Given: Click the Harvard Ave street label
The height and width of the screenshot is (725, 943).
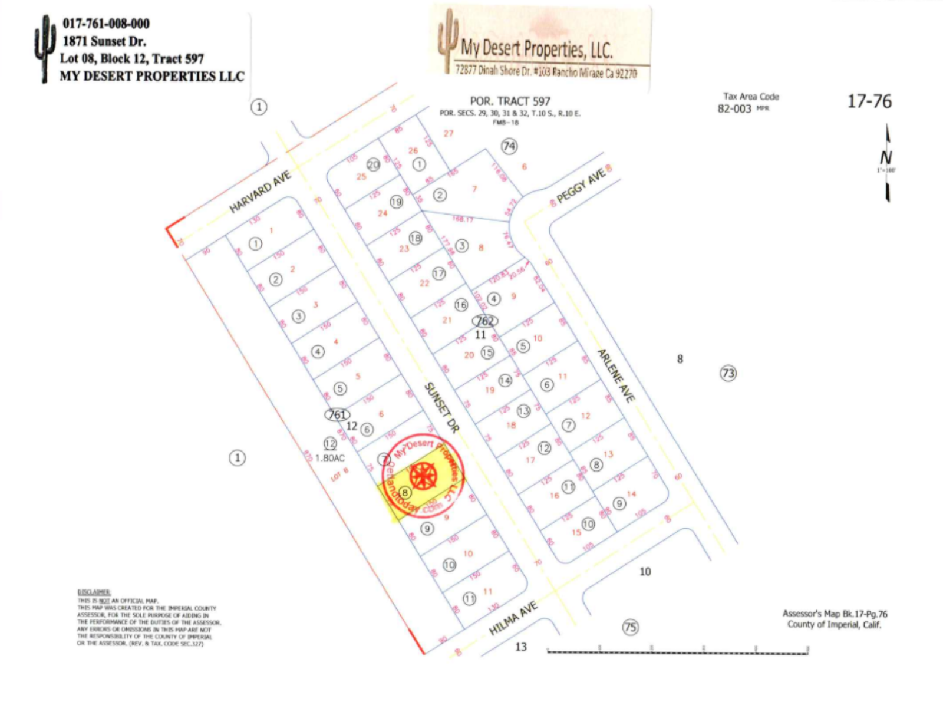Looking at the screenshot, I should coord(260,192).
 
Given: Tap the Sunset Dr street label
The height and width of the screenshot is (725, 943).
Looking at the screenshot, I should coord(441,408).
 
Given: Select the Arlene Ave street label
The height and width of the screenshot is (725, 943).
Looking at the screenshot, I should coord(616,375).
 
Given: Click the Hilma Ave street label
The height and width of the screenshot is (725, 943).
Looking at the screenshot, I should coord(513,618).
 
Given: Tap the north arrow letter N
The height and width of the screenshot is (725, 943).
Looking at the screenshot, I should coord(886,158).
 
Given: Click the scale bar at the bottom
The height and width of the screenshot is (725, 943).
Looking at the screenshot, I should coord(678,651).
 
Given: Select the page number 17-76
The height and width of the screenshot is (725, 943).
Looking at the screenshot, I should coord(869,101).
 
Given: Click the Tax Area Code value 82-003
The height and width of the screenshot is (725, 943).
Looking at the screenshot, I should coord(734,109).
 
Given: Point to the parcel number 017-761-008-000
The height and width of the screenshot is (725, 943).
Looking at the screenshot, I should coord(107,24).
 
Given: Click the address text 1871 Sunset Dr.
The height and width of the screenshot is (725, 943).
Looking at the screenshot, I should coord(104,41).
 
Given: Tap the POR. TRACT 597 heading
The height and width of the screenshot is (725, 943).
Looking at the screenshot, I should coord(510,101).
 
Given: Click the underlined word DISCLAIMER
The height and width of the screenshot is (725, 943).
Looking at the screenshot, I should coord(94,592).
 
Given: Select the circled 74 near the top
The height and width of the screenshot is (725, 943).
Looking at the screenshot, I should coord(509,146).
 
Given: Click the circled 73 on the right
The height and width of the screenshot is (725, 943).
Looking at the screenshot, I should coord(728,373).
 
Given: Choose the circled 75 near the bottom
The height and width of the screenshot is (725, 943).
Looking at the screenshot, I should coord(631,627).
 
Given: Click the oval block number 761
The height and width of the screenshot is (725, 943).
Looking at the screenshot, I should coord(337,415).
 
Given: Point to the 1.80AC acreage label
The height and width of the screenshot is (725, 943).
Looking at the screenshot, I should coord(330,458).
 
